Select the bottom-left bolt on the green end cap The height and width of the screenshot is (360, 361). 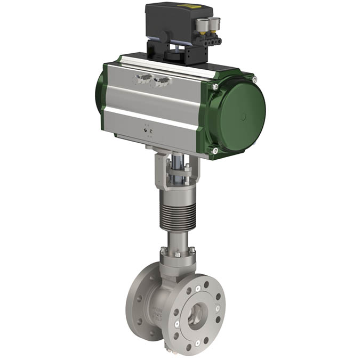click(215, 151)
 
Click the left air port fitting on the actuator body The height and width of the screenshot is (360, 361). click(141, 79)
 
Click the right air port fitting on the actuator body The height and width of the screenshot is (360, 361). click(160, 81)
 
